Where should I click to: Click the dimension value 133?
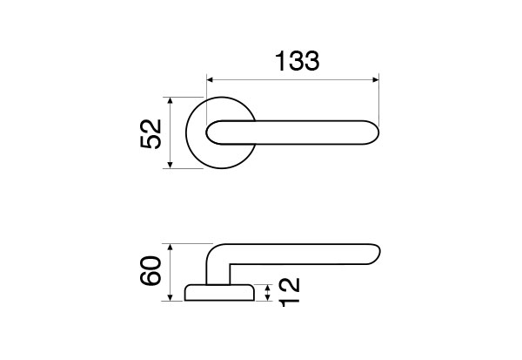298,61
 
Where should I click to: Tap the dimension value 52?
151,133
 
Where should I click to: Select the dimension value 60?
151,270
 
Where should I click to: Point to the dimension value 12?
290,292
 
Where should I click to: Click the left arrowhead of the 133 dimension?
210,79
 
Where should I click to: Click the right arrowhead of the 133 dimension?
376,79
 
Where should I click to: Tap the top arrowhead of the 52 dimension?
171,101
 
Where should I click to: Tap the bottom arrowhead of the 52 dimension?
171,165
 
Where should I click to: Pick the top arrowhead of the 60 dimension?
171,248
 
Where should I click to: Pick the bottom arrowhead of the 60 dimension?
171,297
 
